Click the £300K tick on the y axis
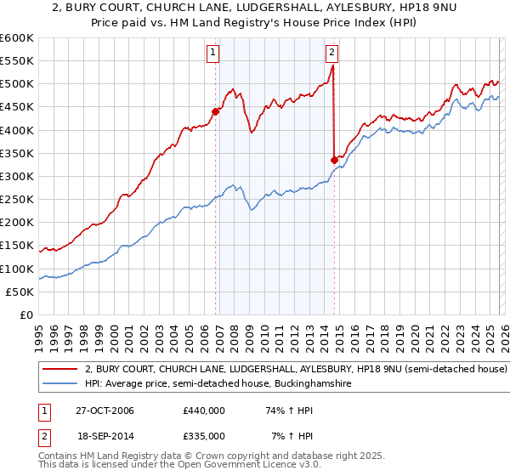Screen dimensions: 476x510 [17, 176]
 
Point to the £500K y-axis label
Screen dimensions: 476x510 [17, 83]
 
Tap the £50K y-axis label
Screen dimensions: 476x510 [20, 292]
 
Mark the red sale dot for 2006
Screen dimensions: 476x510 [216, 111]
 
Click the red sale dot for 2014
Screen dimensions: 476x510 [334, 160]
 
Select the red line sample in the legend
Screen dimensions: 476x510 [61, 370]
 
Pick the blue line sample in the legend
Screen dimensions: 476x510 [61, 384]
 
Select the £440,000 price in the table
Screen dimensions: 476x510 [203, 411]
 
